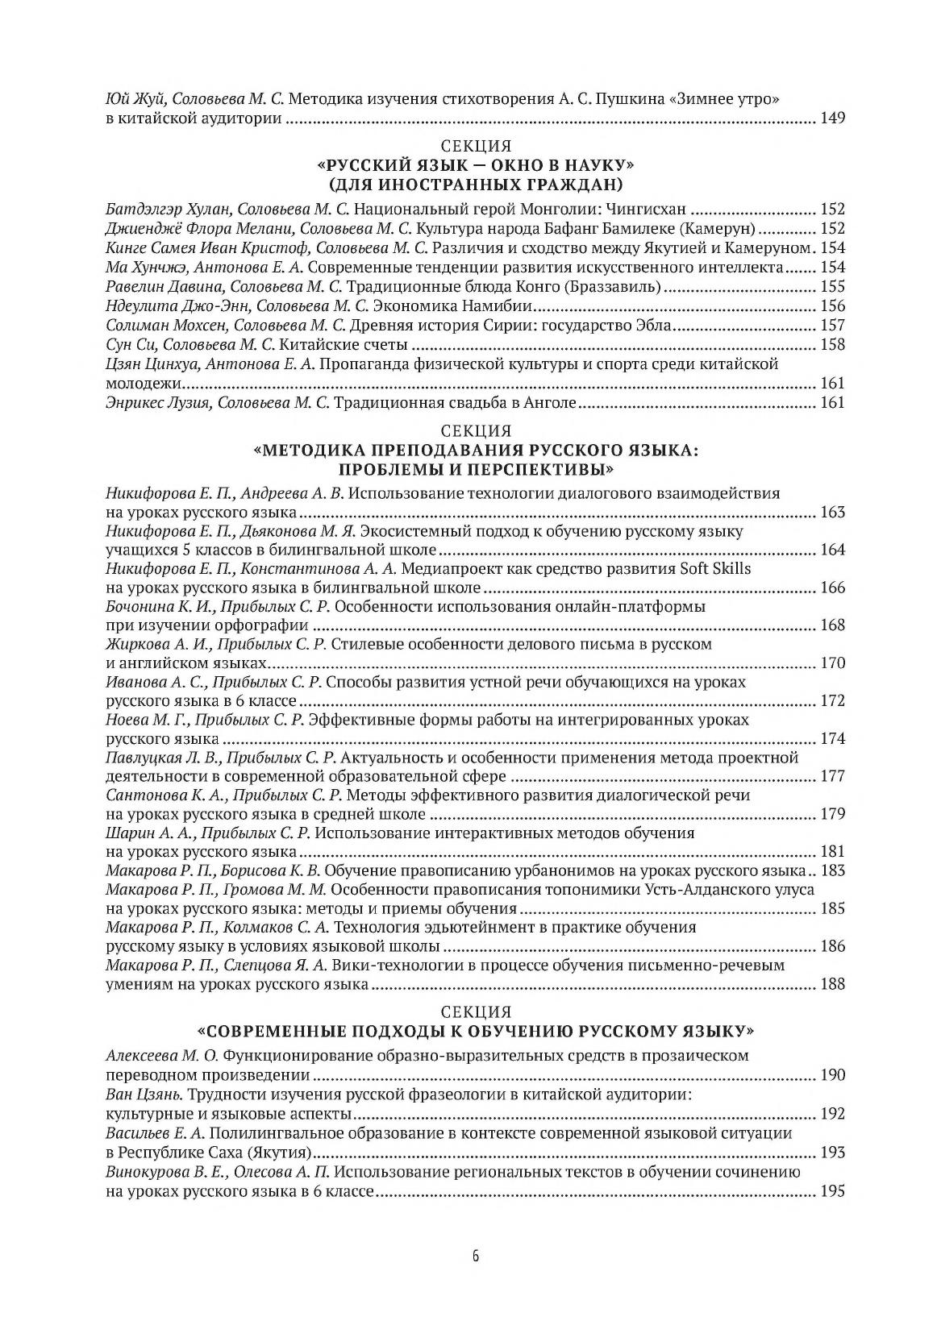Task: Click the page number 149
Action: (831, 119)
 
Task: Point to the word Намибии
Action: (502, 305)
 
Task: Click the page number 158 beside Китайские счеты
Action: (831, 345)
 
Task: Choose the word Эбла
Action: (654, 326)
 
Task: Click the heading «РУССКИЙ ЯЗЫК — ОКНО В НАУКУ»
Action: (477, 165)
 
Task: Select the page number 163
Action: (831, 513)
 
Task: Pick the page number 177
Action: (831, 776)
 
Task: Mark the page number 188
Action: (831, 984)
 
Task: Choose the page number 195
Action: (831, 1191)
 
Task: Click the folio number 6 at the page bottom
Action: (477, 1256)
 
